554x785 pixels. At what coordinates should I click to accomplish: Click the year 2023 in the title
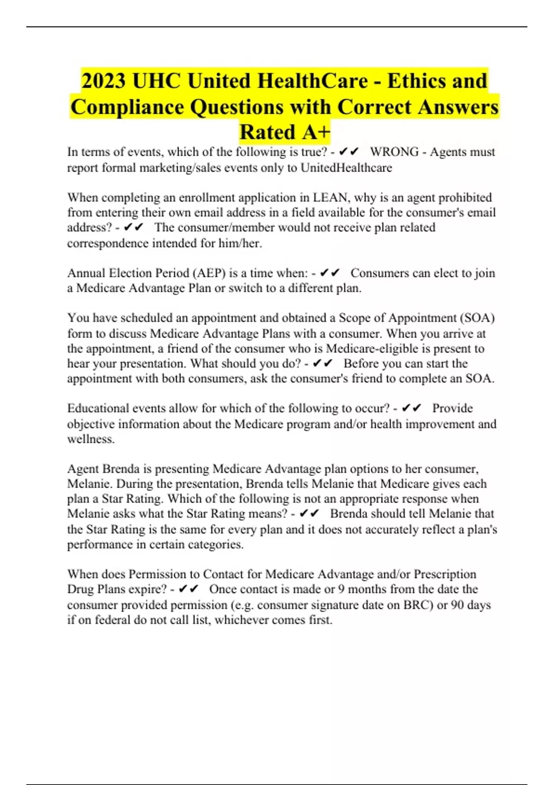click(x=103, y=81)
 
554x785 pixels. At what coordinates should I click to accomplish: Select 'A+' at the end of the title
click(x=317, y=132)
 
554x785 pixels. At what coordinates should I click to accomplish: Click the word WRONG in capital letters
click(x=394, y=152)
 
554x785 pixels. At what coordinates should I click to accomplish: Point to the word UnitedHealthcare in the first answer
click(x=346, y=167)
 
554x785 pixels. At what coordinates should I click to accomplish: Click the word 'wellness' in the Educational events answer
click(x=90, y=439)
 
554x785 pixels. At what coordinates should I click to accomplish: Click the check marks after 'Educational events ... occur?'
click(x=411, y=408)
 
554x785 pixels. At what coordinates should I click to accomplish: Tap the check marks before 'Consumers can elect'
click(x=330, y=273)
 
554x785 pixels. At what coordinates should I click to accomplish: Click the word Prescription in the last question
click(x=445, y=574)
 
